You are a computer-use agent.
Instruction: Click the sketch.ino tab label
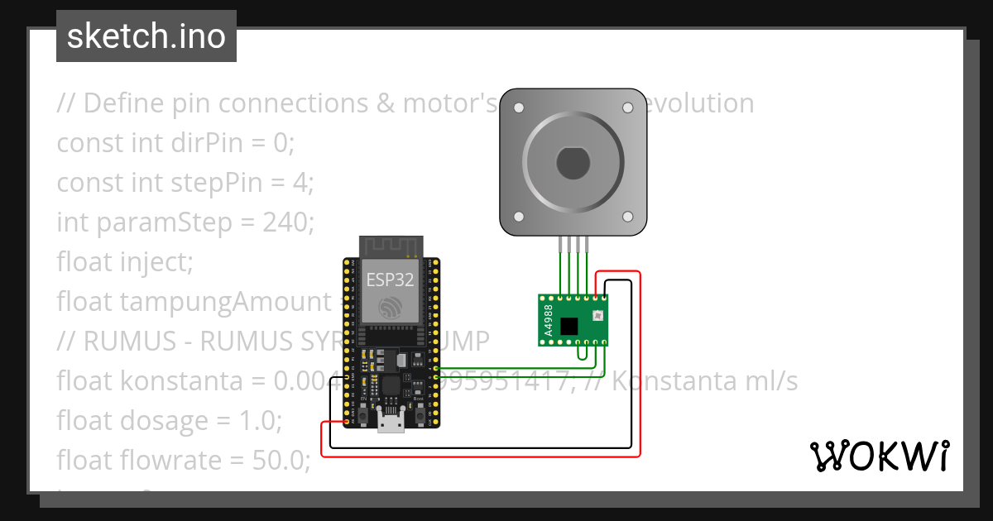(146, 36)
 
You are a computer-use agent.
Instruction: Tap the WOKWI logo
(879, 456)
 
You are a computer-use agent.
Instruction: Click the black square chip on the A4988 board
(569, 326)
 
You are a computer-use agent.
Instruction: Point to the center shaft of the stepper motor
(573, 163)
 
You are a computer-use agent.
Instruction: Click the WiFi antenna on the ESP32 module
(391, 246)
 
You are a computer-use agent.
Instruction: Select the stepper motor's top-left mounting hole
(519, 108)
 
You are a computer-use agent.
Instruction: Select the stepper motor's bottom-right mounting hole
(627, 217)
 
